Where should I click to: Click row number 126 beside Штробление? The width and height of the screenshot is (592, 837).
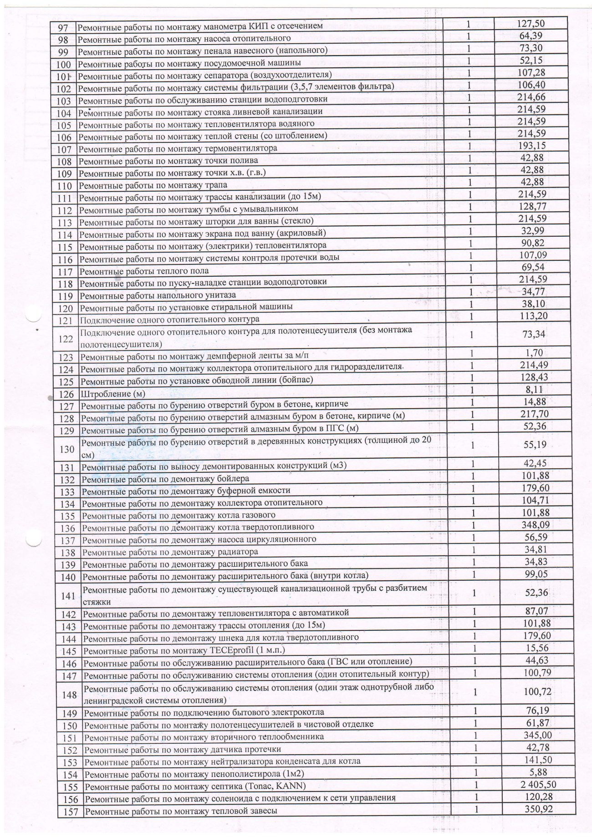pyautogui.click(x=66, y=394)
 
